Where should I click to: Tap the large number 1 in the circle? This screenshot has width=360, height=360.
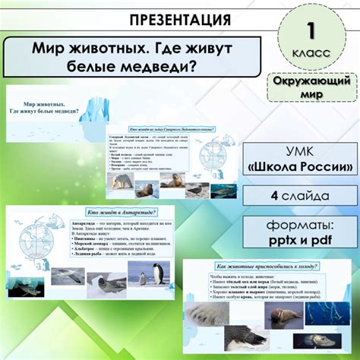pyautogui.click(x=310, y=31)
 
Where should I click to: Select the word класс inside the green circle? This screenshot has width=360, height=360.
pyautogui.click(x=310, y=55)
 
